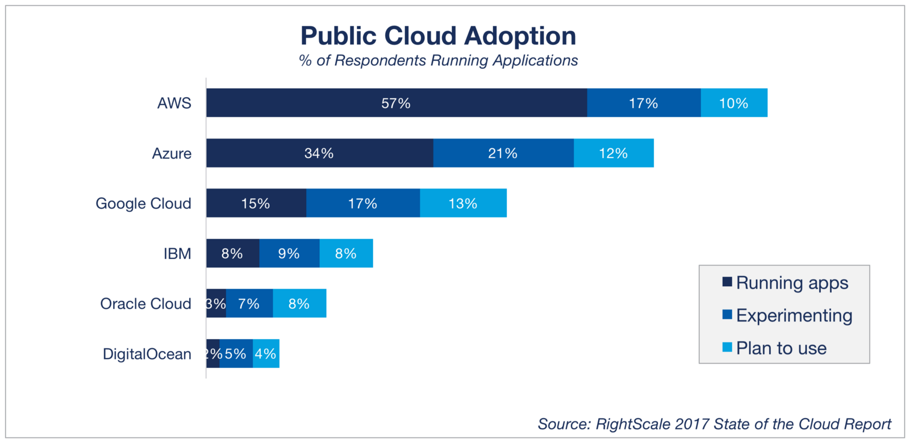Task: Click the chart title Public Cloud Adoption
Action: tap(438, 36)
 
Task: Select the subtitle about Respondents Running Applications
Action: tap(438, 61)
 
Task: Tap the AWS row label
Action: tap(174, 103)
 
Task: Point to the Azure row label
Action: tap(172, 153)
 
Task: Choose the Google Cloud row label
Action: tap(143, 203)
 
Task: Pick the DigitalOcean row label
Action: tap(147, 354)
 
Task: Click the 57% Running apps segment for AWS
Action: tap(396, 103)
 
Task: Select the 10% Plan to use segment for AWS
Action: tap(733, 103)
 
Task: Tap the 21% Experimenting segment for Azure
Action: tap(503, 153)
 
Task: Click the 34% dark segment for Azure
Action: tap(319, 153)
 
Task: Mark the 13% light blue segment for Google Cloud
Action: tap(463, 203)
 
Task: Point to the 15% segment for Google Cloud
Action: tap(256, 203)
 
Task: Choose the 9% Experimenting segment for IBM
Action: tap(289, 253)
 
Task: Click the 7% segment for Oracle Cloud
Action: tap(249, 303)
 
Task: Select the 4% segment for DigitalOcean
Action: tap(265, 354)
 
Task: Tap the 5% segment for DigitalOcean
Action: tap(235, 354)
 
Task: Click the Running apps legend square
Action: tap(727, 282)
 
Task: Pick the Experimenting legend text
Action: tap(794, 315)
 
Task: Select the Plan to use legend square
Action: tap(727, 347)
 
